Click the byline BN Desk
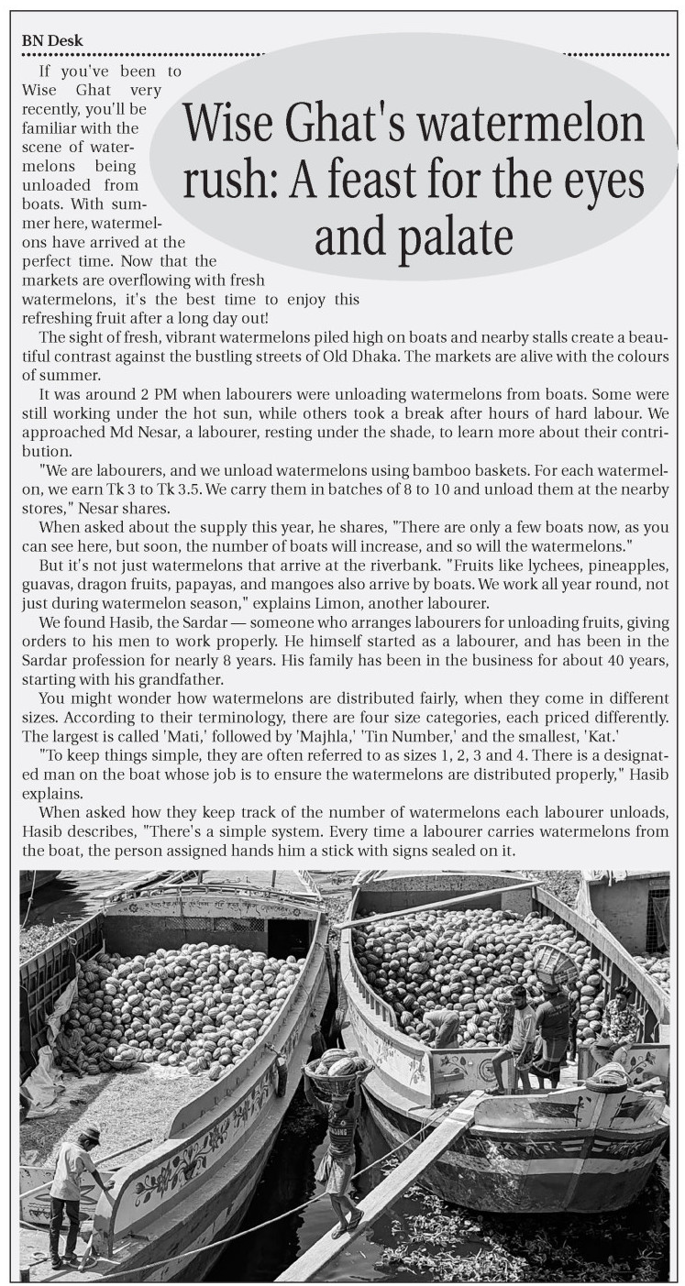(x=52, y=40)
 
